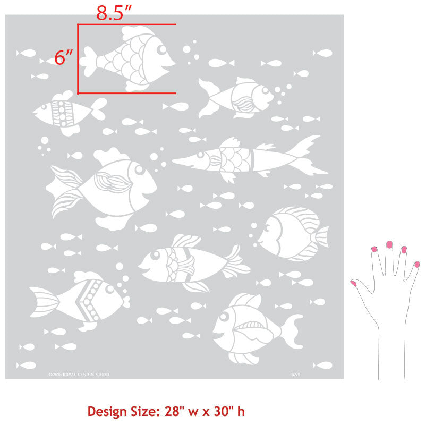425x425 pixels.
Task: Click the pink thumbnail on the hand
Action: (354, 283)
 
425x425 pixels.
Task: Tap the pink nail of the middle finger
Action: (389, 244)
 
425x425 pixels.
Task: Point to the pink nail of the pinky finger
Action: (417, 264)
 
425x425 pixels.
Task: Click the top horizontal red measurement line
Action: (127, 24)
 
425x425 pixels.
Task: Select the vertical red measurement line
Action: (78, 58)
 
